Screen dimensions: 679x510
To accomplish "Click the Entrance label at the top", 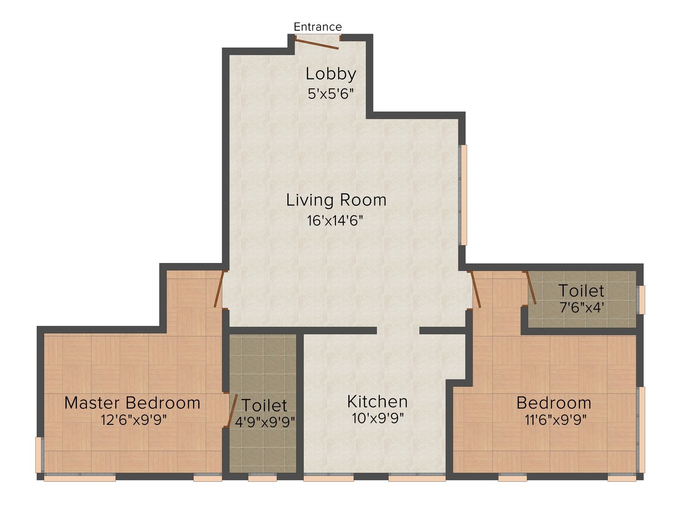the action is coord(318,27).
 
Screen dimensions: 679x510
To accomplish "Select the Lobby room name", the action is coord(331,74).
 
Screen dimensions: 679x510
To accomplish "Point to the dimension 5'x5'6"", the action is coord(330,93).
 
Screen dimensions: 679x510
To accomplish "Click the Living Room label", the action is coord(336,200).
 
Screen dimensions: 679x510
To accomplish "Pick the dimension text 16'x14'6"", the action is coord(335,221).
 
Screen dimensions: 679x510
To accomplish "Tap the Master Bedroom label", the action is coord(132,403).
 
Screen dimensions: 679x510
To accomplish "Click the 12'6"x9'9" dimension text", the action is coord(134,420).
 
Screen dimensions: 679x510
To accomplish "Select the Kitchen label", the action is coord(378,402).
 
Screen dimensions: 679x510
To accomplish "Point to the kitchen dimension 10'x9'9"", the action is coord(378,418).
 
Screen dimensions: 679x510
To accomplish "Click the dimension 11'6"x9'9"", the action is coord(555,420).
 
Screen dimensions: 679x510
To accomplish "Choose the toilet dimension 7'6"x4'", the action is coord(582,308).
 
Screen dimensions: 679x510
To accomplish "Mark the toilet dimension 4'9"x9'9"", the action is coord(265,422).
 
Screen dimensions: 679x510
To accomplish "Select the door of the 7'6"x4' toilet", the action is coord(531,288).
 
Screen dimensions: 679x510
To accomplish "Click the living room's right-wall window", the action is coord(463,195).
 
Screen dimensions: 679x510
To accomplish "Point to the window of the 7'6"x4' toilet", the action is coord(641,300).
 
